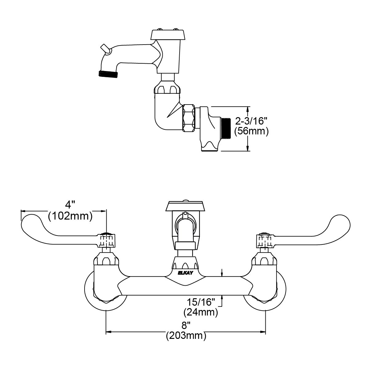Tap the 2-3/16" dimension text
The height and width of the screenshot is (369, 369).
coord(251,121)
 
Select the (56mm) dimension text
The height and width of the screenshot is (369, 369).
coord(251,131)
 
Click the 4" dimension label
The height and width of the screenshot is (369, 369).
coord(68,205)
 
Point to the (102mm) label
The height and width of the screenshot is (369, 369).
coord(70,216)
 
